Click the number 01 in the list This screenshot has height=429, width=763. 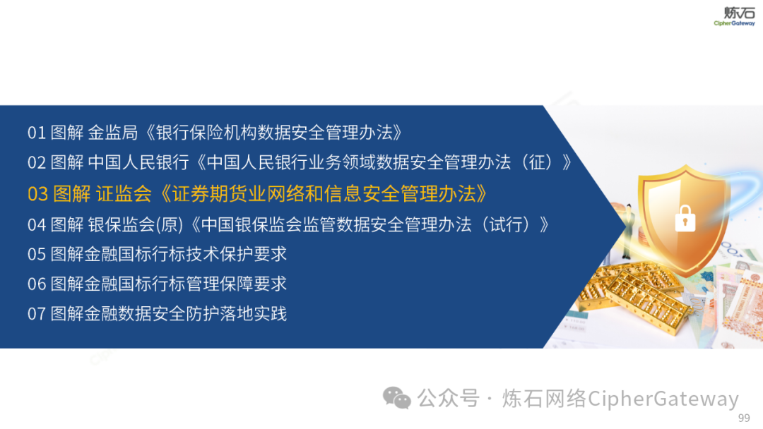37,133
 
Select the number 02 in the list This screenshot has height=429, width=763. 37,162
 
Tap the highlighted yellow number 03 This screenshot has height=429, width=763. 37,194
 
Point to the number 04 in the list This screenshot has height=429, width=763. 37,225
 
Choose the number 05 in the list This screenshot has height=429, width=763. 37,254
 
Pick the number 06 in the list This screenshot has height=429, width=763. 37,284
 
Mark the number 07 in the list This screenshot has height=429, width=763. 37,314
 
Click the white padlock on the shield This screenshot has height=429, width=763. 685,219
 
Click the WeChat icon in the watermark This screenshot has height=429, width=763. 396,398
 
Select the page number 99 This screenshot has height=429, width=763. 744,418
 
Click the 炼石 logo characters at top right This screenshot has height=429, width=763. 740,13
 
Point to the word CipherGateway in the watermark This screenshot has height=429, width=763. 663,399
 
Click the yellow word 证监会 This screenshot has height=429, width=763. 124,194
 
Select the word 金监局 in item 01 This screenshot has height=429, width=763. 113,133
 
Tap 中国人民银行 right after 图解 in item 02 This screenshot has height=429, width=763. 138,162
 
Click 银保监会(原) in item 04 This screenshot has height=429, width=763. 136,225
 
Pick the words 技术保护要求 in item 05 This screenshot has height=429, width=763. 237,254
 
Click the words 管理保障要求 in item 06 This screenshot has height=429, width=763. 237,284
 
